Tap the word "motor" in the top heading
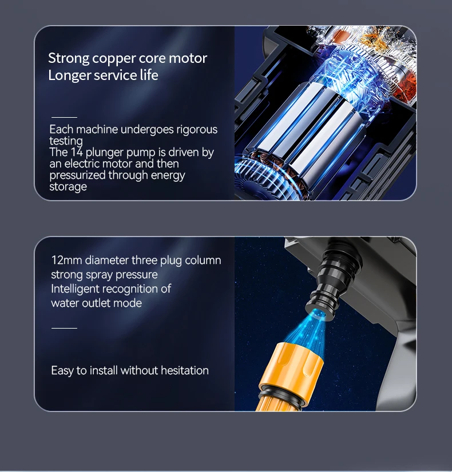188,58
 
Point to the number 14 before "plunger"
77,152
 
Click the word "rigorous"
197,130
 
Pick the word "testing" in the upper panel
66,141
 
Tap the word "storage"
68,187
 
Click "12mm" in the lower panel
66,260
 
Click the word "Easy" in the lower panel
62,371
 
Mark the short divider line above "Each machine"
64,117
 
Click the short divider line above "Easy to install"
64,328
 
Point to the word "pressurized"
77,175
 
